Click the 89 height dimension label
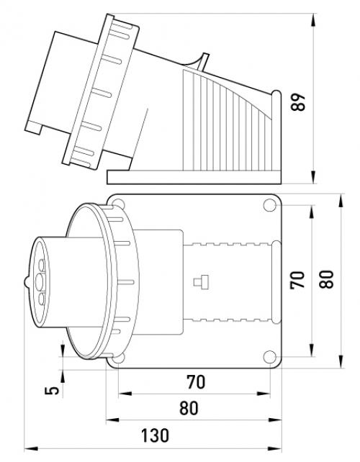pos(298,102)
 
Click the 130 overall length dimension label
pos(155,435)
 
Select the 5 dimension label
pos(52,391)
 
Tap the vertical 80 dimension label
pos(326,279)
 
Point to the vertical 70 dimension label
pos(297,280)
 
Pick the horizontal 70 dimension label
pos(196,382)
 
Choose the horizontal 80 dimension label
pos(189,408)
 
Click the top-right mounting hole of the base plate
pos(269,205)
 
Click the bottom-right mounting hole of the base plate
pos(269,357)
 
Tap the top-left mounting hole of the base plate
pos(119,204)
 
